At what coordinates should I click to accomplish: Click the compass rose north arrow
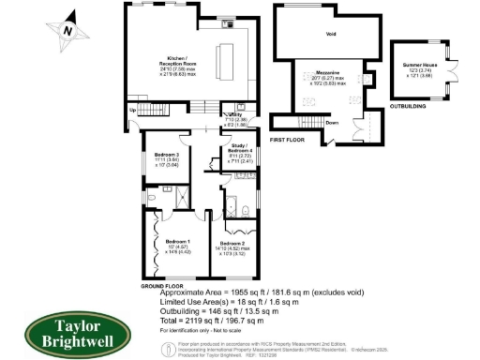pos(65,29)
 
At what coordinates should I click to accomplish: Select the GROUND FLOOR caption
pos(161,283)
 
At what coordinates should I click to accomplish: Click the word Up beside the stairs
pos(132,111)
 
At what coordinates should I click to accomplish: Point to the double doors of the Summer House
pos(453,70)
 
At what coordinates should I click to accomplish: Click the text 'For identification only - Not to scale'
pos(206,332)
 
